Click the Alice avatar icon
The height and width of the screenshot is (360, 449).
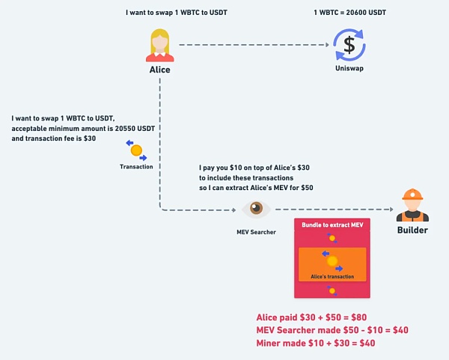coord(160,45)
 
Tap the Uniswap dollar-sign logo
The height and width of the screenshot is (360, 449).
coord(349,44)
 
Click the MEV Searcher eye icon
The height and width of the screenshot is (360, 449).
coord(256,210)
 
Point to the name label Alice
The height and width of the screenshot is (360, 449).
coord(160,70)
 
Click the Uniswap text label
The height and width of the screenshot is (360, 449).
coord(349,68)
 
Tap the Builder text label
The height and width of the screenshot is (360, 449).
coord(412,230)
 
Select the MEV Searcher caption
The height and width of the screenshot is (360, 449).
coord(256,232)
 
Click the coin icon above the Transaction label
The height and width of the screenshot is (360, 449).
coord(136,150)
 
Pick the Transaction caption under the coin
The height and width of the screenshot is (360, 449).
coord(136,166)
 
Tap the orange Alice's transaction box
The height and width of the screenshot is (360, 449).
coord(332,264)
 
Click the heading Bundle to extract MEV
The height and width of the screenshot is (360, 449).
coord(332,225)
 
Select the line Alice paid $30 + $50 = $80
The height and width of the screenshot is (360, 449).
coord(311,317)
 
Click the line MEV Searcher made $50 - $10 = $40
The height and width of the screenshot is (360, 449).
coord(332,330)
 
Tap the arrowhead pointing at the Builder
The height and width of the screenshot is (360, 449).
coord(390,210)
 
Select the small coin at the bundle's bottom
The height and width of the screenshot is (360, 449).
coord(332,290)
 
